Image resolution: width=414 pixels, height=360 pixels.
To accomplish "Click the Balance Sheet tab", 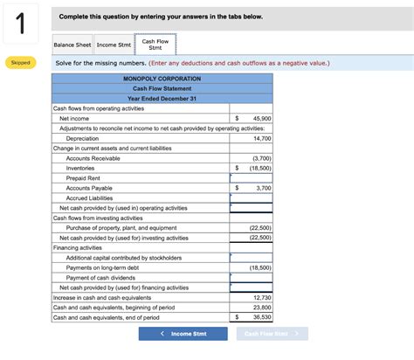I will [x=72, y=45].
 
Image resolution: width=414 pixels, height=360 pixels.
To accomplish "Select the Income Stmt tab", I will [x=113, y=45].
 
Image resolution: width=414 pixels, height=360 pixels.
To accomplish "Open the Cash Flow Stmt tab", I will [x=155, y=45].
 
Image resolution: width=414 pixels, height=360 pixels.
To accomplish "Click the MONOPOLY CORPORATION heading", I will [x=162, y=79].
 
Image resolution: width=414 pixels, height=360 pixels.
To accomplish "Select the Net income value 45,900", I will [x=261, y=118].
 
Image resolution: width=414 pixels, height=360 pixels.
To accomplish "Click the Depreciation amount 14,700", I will [x=261, y=138].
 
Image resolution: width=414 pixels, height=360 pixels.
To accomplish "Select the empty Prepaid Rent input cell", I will [x=252, y=178].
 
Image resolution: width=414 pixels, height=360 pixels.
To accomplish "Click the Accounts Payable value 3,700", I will [x=263, y=188].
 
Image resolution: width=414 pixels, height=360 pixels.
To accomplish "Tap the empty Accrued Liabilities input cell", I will [x=252, y=198].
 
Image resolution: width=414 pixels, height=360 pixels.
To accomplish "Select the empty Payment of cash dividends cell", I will [x=252, y=277].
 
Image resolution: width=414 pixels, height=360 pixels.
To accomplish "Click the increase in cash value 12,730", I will [x=261, y=297].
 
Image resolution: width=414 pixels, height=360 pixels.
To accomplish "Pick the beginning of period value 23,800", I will [x=261, y=307].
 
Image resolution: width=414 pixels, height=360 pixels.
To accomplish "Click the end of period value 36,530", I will [x=261, y=317].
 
